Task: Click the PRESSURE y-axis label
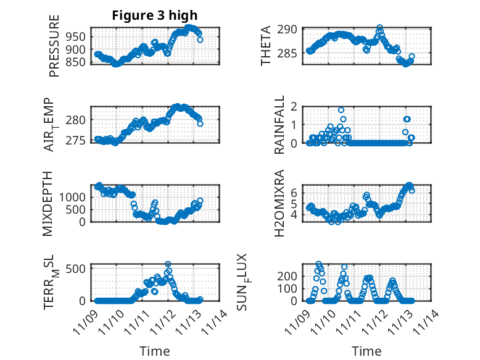pyautogui.click(x=55, y=46)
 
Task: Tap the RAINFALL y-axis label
pyautogui.click(x=279, y=125)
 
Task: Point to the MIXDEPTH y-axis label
pyautogui.click(x=49, y=203)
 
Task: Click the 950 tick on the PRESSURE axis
pyautogui.click(x=79, y=35)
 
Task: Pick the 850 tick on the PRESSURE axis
pyautogui.click(x=79, y=62)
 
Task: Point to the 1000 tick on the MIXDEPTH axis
pyautogui.click(x=76, y=196)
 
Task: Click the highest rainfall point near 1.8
pyautogui.click(x=341, y=110)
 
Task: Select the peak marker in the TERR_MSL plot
pyautogui.click(x=168, y=264)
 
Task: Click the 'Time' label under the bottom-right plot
pyautogui.click(x=366, y=351)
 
